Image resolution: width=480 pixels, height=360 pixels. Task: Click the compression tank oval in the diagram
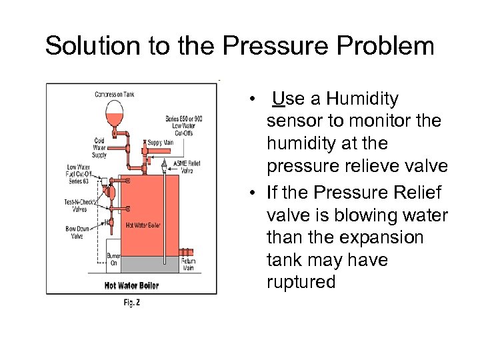(115, 110)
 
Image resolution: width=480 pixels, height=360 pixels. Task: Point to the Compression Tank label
(115, 95)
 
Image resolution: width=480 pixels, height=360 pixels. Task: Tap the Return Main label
(189, 265)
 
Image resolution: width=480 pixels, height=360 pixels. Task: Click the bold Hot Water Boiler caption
(131, 285)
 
